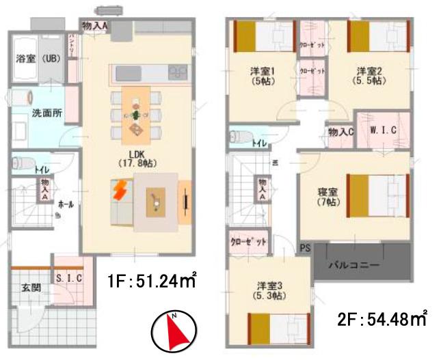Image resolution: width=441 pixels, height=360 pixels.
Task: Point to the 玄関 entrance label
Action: [30, 288]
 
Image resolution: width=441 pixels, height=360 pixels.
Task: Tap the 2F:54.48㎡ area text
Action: [383, 318]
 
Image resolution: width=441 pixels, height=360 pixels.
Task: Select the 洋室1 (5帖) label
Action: [263, 74]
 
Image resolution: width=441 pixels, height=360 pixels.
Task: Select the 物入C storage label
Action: [340, 132]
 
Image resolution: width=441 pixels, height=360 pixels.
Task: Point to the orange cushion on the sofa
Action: [120, 189]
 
